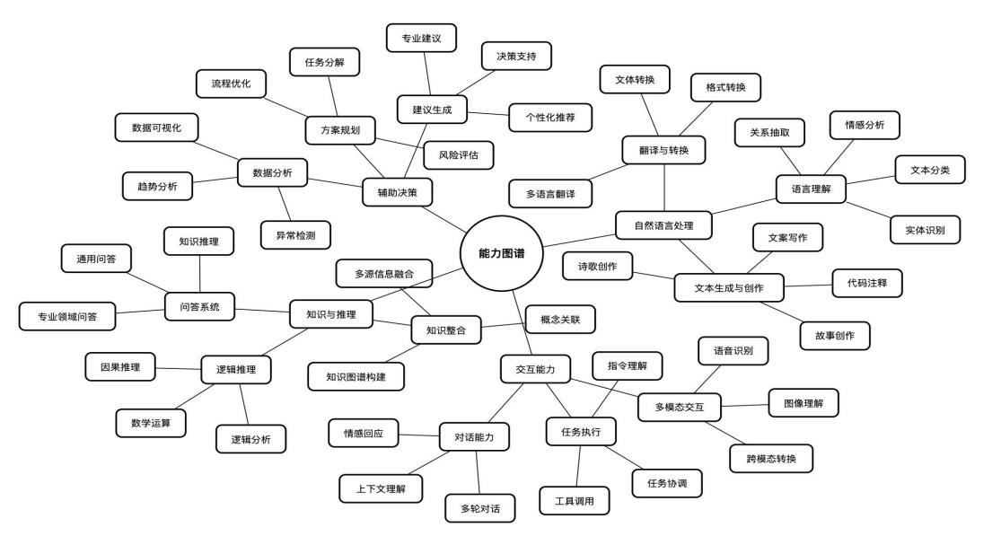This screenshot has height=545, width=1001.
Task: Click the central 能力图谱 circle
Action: pos(502,253)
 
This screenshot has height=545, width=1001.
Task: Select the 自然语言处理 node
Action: pos(663,225)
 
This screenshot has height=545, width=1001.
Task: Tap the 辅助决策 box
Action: pos(397,192)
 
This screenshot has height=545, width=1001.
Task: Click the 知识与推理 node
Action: pos(330,314)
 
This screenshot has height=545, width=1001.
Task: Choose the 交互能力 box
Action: pos(535,369)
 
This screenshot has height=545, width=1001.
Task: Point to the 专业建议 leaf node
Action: pos(421,39)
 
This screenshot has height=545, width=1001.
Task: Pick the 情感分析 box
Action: pos(865,125)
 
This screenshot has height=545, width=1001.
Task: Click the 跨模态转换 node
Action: pos(771,458)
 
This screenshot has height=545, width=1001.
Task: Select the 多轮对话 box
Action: pos(480,508)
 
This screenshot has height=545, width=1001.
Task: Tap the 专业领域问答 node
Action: pos(67,317)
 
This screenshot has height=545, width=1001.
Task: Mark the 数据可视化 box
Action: pos(156,127)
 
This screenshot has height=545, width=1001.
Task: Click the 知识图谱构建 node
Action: pos(356,376)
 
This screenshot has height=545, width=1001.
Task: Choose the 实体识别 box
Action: pos(925,230)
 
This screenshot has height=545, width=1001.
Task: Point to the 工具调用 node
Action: pos(574,501)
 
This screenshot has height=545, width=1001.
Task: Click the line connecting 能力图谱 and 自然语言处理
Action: pos(579,241)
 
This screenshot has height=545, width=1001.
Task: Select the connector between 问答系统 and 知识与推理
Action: pos(262,311)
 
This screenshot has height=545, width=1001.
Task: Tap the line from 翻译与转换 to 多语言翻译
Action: pos(608,173)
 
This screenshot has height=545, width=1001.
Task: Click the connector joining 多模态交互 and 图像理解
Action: pos(744,405)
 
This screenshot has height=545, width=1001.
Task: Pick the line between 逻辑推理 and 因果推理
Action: pos(178,368)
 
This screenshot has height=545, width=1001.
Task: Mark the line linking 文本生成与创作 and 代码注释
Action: pos(808,286)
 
